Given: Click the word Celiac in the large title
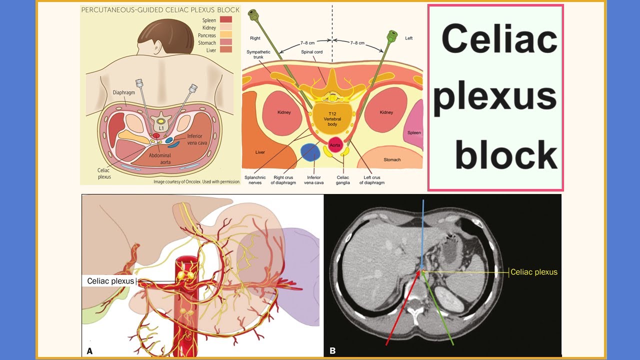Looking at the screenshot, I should coord(499,40).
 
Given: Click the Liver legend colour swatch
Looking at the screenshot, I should coord(226,50).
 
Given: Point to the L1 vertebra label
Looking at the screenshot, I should coord(161,128).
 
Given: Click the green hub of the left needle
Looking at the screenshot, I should coord(392,36).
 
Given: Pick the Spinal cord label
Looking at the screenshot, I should coord(311,52).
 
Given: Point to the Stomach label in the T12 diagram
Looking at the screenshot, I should coord(392,160).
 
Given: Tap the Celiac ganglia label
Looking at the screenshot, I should coord(342,180).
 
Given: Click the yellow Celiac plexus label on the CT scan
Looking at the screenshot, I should coord(534,272).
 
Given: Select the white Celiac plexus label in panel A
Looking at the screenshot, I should coord(110,281).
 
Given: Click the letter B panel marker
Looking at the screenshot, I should coord(332,350).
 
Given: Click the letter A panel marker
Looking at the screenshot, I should coord(89,351).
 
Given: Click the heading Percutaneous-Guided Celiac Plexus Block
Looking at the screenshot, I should coord(160,9).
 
